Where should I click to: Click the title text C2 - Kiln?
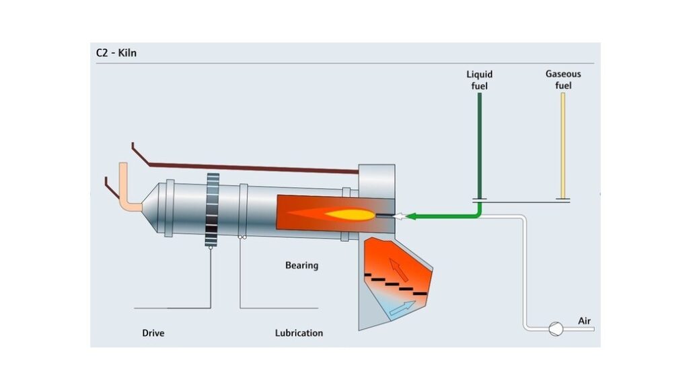click(116, 53)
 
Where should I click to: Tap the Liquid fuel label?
click(480, 79)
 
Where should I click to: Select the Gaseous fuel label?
click(563, 79)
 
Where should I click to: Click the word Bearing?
click(301, 265)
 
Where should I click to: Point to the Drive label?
click(153, 333)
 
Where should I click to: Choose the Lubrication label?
click(299, 333)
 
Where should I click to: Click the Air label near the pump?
click(585, 321)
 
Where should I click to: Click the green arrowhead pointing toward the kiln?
click(413, 216)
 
